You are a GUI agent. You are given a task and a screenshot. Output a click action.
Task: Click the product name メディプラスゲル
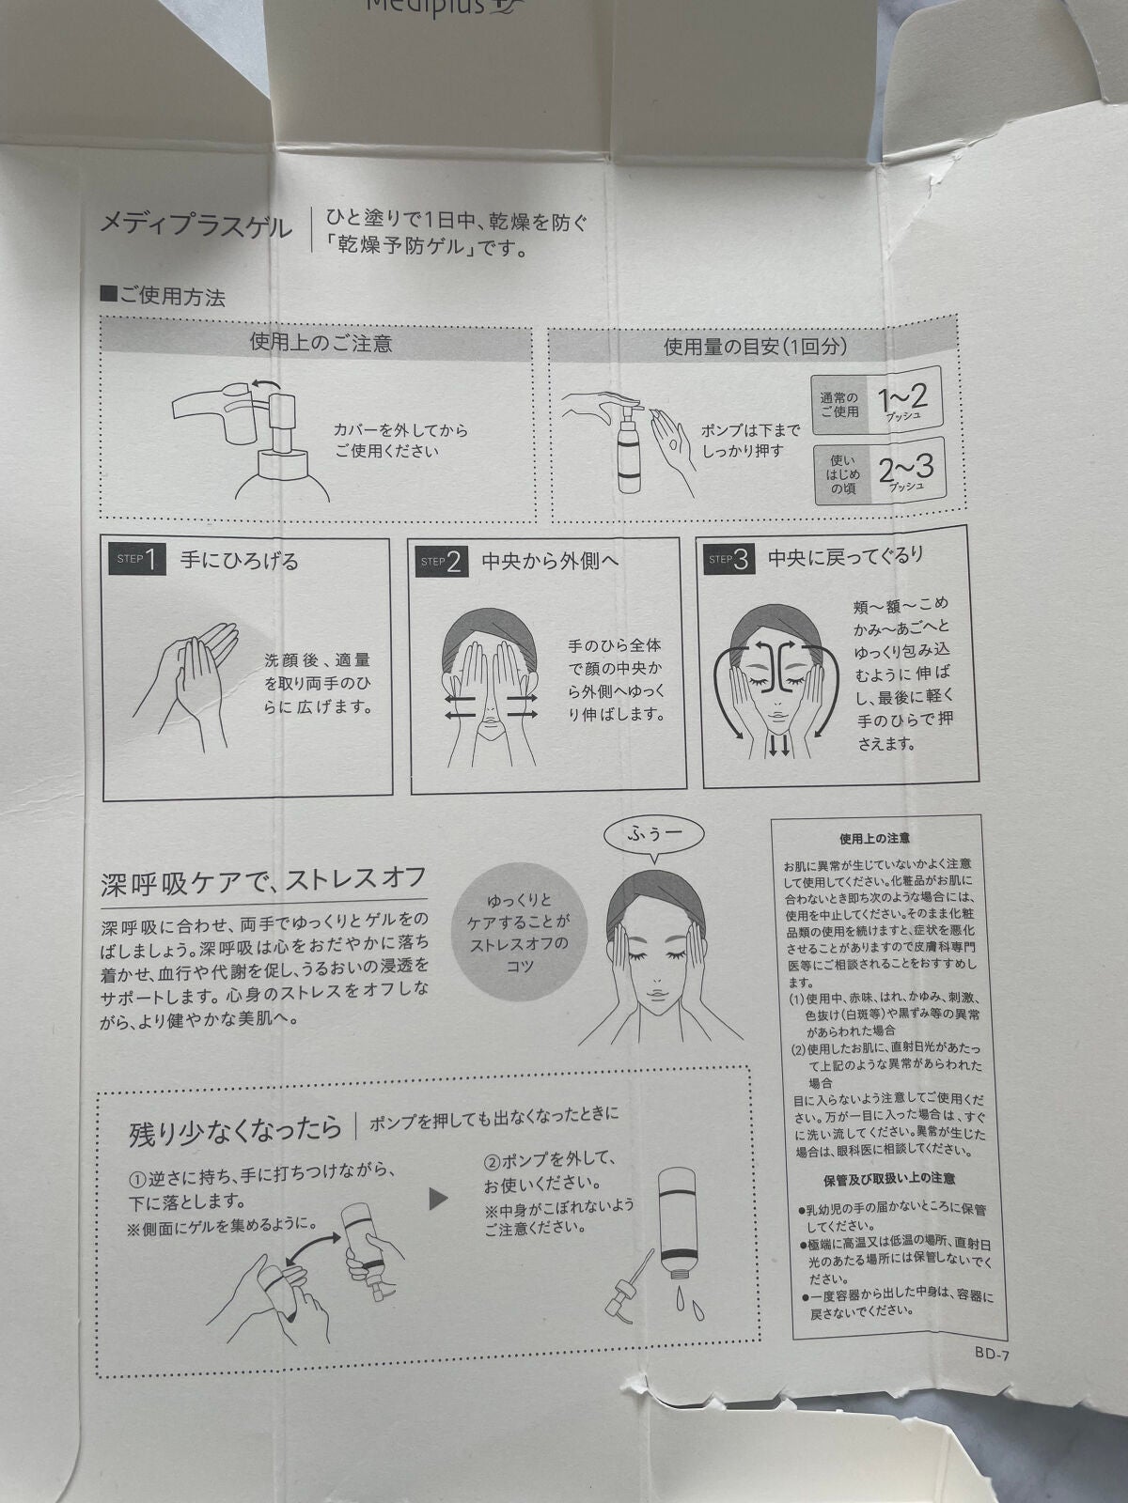pyautogui.click(x=196, y=226)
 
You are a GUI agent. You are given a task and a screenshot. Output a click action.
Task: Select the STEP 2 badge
pyautogui.click(x=442, y=562)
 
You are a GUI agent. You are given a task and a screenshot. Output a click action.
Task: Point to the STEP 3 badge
pyautogui.click(x=729, y=560)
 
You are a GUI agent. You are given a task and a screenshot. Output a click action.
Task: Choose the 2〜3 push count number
pyautogui.click(x=905, y=470)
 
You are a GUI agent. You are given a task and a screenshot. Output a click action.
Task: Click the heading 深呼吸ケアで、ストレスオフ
pyautogui.click(x=264, y=883)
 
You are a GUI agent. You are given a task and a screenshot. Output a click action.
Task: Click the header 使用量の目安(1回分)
pyautogui.click(x=755, y=346)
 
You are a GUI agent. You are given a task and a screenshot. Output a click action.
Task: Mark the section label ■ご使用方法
pyautogui.click(x=164, y=298)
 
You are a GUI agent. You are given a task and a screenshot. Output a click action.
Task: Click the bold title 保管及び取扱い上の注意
pyautogui.click(x=889, y=1178)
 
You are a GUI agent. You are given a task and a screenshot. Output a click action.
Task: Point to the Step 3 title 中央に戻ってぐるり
pyautogui.click(x=845, y=558)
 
